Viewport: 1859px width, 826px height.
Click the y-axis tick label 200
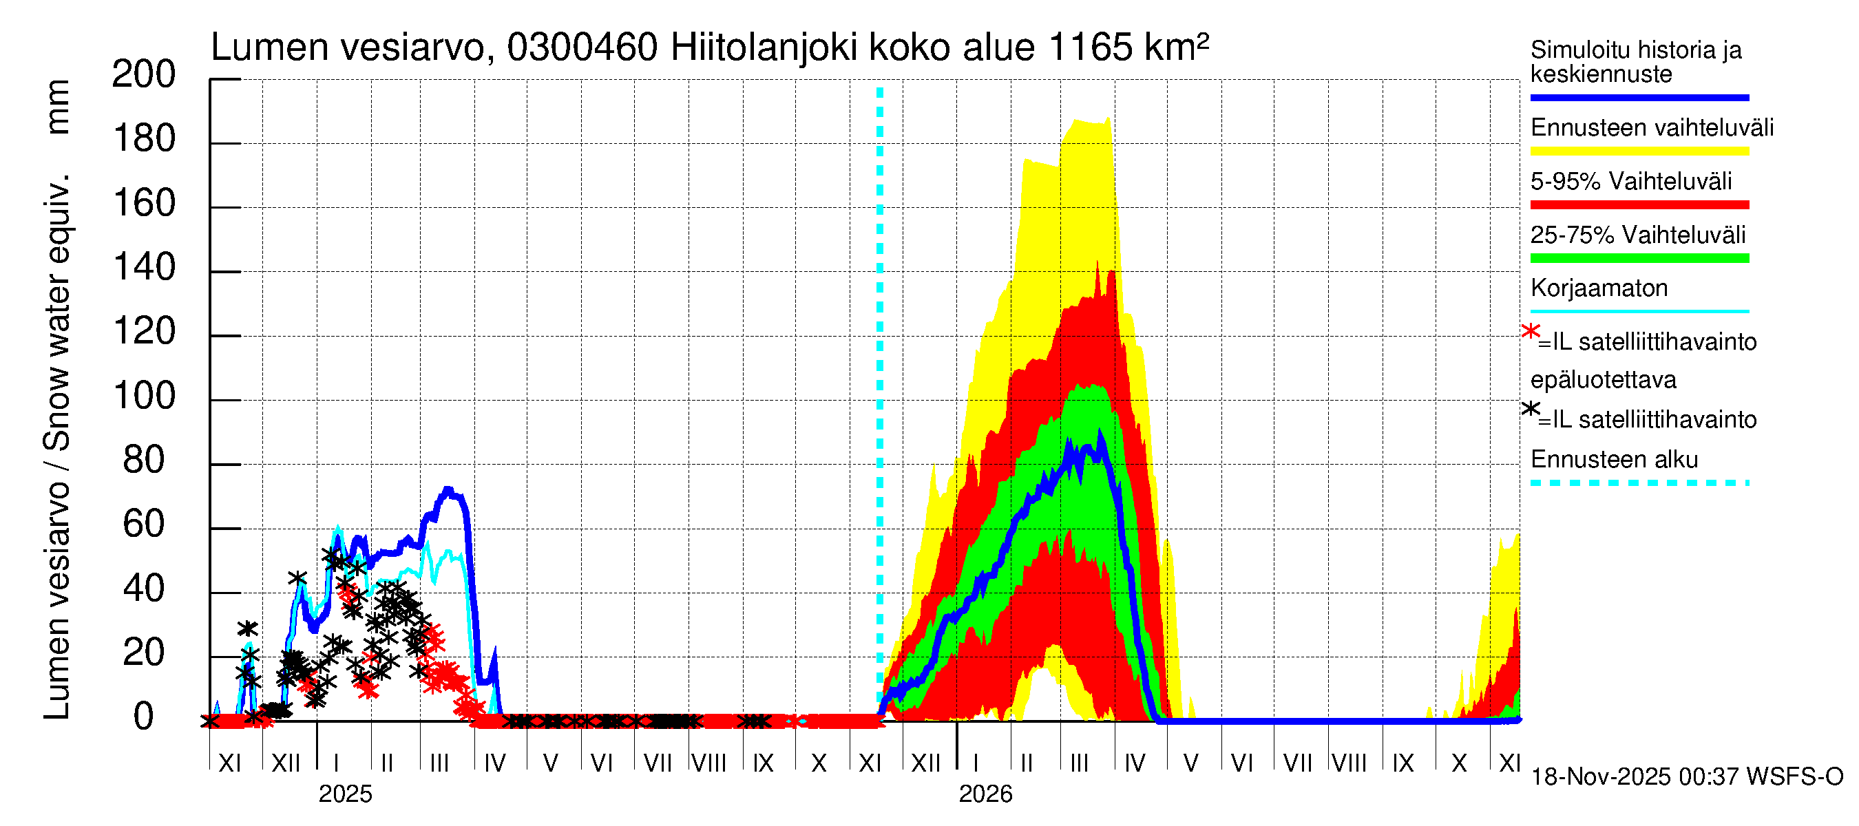click(x=144, y=74)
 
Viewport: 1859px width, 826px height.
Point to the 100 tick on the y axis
click(x=144, y=396)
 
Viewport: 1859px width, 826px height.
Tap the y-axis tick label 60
click(x=144, y=525)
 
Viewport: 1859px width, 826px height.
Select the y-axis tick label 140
click(x=144, y=268)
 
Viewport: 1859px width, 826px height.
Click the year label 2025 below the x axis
click(x=345, y=794)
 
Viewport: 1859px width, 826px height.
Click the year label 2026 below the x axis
click(x=985, y=794)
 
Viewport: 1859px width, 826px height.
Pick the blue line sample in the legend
click(x=1639, y=97)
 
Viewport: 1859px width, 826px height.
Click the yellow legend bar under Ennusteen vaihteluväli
click(x=1639, y=151)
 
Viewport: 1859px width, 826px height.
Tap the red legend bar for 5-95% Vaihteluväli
click(x=1639, y=205)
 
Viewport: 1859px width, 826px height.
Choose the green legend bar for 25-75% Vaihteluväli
click(x=1639, y=258)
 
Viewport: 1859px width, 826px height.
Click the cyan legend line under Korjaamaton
click(x=1639, y=312)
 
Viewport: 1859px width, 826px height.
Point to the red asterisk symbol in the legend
click(x=1530, y=332)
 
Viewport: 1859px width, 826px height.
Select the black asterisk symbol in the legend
click(x=1530, y=409)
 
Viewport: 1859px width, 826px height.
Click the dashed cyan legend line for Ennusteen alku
click(x=1639, y=483)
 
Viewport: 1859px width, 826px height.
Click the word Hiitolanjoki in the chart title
click(x=764, y=48)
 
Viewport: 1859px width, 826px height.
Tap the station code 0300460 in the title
click(x=582, y=48)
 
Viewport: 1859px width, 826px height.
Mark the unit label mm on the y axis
click(x=57, y=107)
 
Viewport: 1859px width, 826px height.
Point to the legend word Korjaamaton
click(x=1599, y=288)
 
